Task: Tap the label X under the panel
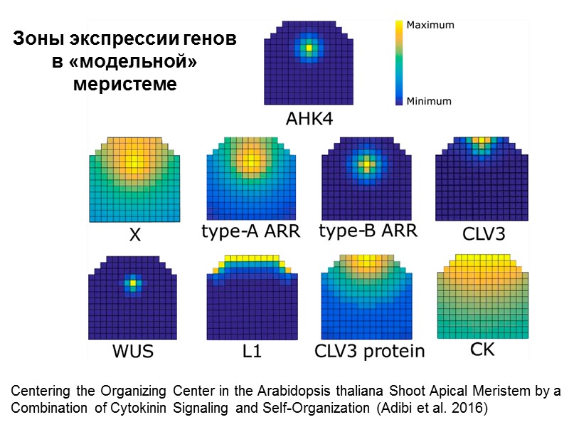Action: (134, 233)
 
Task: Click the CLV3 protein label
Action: (369, 351)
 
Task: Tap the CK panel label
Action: (484, 349)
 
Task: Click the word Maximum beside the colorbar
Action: (430, 25)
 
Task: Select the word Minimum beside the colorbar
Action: (428, 101)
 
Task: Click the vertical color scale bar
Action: (398, 63)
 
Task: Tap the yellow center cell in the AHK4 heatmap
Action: (309, 48)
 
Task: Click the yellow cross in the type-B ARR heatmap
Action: (366, 164)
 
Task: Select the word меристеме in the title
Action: (124, 84)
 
